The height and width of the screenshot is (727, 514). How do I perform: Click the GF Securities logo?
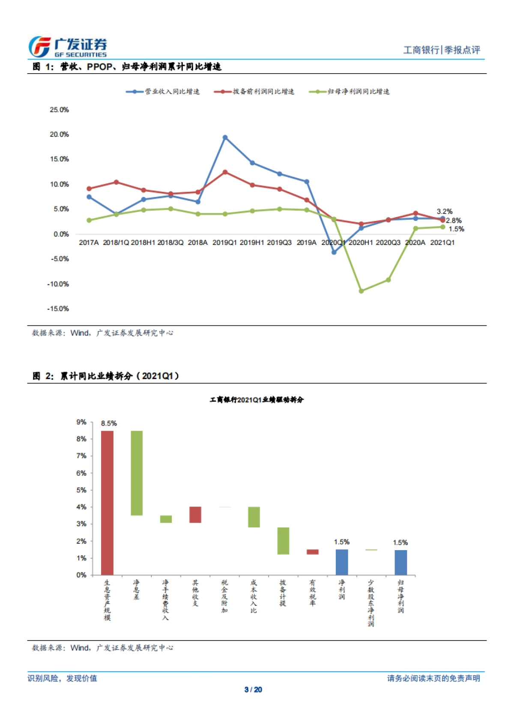[68, 47]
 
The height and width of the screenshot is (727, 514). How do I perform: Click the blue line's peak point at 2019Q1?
[225, 137]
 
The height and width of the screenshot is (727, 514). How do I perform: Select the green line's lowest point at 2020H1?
[361, 291]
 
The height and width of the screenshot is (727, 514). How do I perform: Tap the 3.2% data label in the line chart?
[444, 212]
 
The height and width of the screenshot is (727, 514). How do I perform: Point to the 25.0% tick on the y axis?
[59, 110]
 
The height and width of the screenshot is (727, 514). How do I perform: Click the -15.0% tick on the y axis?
[60, 309]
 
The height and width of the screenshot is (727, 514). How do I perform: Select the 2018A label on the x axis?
[197, 242]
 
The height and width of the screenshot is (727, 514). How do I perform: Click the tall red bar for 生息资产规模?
[107, 503]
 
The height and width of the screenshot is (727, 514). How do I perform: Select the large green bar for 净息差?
[137, 473]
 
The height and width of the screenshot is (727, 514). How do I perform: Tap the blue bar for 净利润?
[342, 562]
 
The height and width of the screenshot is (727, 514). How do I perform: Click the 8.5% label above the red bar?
[109, 423]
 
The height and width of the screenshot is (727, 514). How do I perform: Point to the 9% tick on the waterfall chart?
[81, 422]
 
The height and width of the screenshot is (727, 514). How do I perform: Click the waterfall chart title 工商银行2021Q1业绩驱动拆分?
[256, 399]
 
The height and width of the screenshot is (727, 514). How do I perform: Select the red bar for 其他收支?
[195, 515]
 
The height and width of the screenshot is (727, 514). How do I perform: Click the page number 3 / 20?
[253, 689]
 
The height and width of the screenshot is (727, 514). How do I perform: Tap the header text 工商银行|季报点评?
[442, 50]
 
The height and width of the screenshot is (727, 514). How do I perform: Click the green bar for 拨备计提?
[283, 541]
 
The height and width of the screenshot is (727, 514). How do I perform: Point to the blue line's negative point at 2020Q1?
[334, 252]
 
